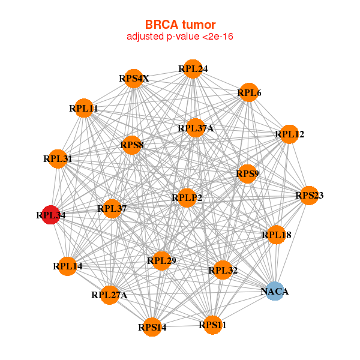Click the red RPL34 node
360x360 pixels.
click(x=52, y=214)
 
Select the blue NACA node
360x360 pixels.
click(x=275, y=292)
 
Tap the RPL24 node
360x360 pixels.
click(x=193, y=69)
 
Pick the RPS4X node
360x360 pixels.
click(x=134, y=79)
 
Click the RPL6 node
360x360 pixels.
click(x=248, y=93)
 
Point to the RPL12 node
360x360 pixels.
click(x=289, y=134)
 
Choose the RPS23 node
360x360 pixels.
click(x=308, y=196)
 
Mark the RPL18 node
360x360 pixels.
click(x=276, y=235)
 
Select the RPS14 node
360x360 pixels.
click(x=152, y=327)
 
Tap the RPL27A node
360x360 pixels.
click(x=109, y=295)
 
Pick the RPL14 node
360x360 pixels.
click(x=67, y=266)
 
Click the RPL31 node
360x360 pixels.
click(x=58, y=159)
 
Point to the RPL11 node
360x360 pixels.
click(x=83, y=109)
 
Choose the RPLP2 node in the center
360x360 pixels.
click(x=187, y=197)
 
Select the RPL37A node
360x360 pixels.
click(x=195, y=128)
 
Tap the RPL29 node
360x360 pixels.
click(x=161, y=260)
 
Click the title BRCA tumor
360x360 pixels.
click(x=180, y=25)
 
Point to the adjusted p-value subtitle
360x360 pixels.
click(x=180, y=37)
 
